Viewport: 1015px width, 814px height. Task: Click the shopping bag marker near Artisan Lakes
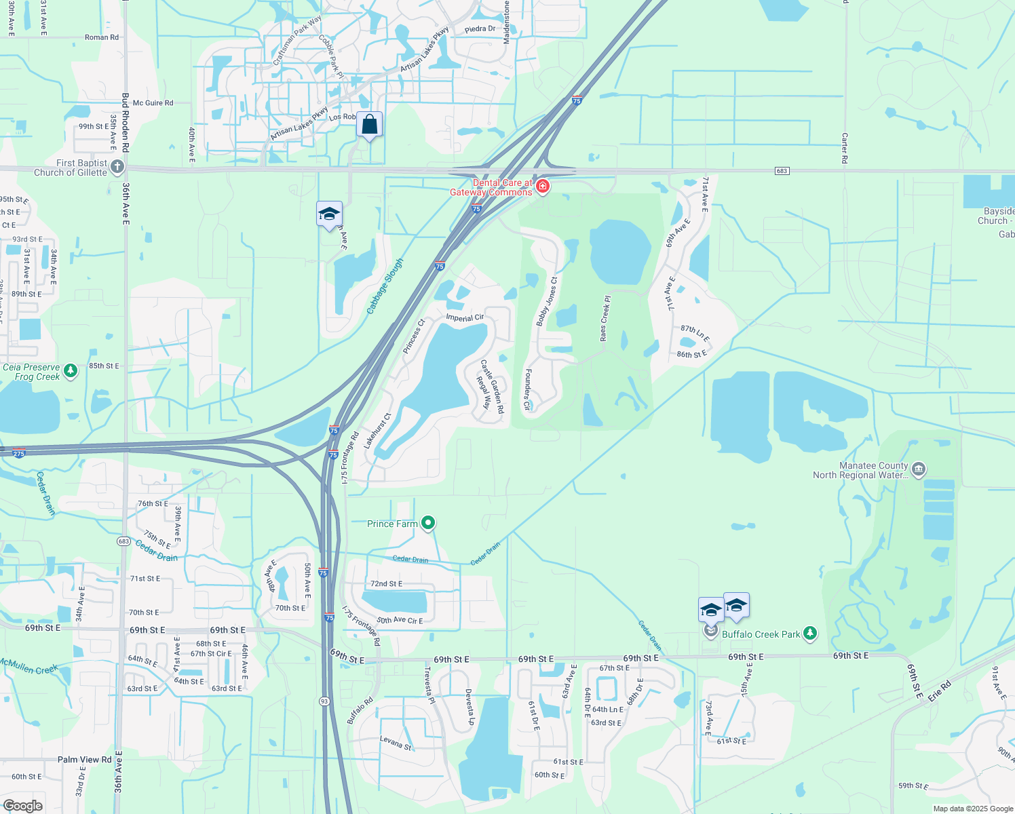click(369, 125)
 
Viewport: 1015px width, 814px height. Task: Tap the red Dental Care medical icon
click(542, 186)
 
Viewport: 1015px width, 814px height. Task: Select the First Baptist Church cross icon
click(117, 166)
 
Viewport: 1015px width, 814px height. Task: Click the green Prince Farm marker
click(427, 523)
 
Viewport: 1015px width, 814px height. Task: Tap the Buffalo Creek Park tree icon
click(809, 634)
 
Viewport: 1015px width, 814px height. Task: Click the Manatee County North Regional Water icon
click(919, 469)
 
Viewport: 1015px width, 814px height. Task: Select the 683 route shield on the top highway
click(782, 170)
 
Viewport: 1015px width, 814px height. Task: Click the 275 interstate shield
click(19, 453)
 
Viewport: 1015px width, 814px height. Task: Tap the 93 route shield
click(325, 701)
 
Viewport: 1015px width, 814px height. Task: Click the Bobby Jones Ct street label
click(547, 301)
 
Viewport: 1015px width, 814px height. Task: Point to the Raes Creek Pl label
click(604, 317)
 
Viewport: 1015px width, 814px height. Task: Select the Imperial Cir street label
click(465, 317)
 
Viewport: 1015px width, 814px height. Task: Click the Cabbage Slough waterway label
click(385, 286)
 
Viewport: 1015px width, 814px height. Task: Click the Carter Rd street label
click(845, 148)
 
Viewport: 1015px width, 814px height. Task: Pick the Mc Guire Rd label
click(153, 103)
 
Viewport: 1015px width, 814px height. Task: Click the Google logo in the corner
click(22, 806)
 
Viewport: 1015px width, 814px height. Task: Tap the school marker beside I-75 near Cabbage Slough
click(329, 214)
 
